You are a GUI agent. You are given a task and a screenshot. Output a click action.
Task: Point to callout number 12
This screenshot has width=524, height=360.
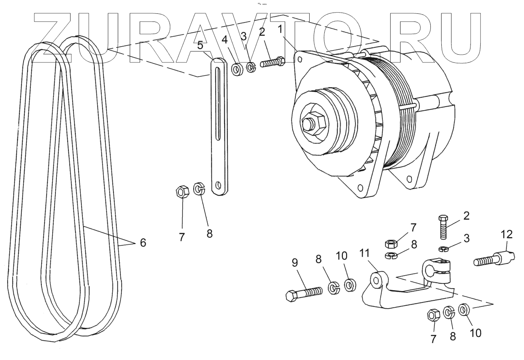pos(507,234)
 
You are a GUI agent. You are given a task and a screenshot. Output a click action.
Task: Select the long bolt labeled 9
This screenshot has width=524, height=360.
pos(304,293)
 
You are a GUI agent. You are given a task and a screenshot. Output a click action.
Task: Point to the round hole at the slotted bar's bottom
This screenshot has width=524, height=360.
pos(219,186)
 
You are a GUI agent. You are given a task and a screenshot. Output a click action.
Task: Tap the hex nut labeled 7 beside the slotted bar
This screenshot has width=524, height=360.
pos(182,191)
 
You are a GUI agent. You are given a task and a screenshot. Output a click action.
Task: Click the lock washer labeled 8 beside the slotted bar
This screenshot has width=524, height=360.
pos(199,189)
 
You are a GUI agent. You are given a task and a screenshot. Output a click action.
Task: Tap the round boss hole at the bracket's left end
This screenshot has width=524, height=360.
pos(377,280)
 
